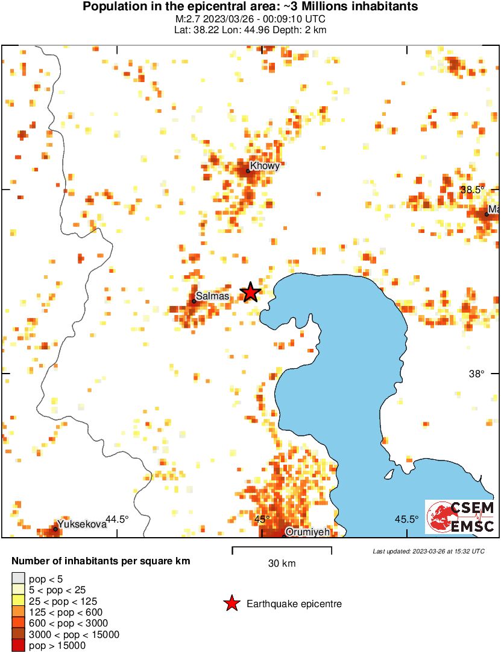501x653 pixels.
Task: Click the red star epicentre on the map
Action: (250, 293)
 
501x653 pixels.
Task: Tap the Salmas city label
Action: (212, 296)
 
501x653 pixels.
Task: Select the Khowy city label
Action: (266, 166)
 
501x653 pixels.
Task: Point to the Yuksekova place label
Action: (83, 524)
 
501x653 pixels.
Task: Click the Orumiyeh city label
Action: (307, 532)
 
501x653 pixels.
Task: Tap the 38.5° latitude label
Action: (472, 190)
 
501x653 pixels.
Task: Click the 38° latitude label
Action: (476, 374)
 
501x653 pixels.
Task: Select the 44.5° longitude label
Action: (117, 519)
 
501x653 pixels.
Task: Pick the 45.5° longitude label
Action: (407, 519)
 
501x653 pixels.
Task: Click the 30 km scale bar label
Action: (282, 564)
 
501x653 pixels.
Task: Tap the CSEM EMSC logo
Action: (461, 517)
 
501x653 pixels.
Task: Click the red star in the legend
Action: (231, 604)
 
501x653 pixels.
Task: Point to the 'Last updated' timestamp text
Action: (428, 551)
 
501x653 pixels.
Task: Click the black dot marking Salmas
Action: (194, 301)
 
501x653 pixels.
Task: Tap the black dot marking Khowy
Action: (248, 171)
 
